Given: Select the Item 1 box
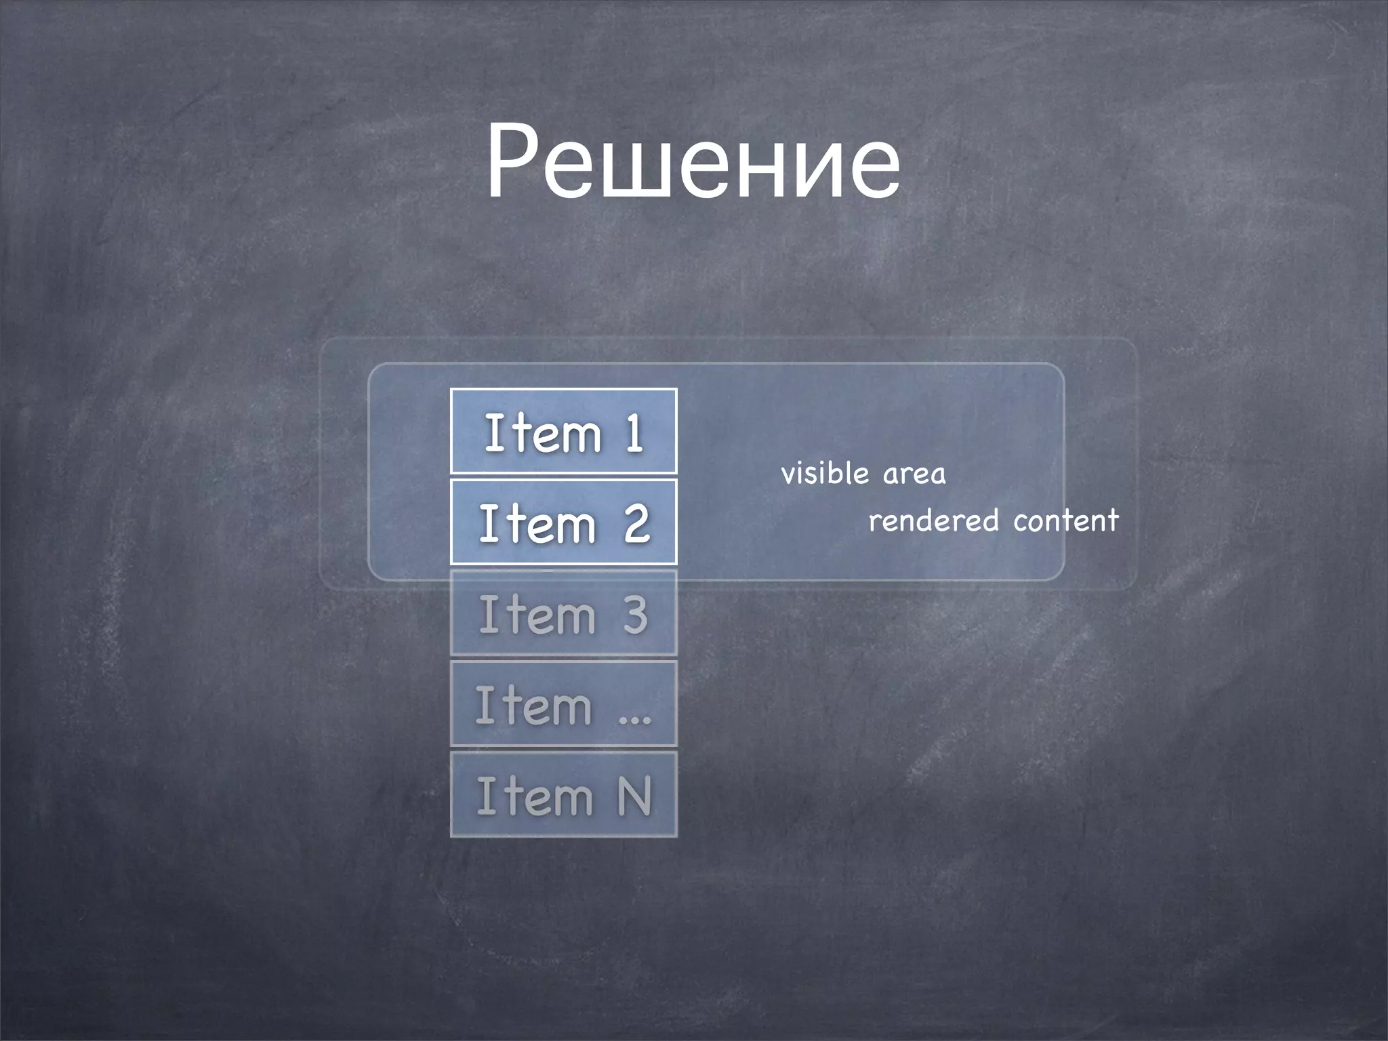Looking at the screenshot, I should (563, 431).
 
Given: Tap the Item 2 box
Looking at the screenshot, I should (563, 522).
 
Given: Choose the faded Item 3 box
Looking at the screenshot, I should (563, 613).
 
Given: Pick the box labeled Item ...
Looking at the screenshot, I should (563, 703).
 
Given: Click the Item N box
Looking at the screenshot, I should (563, 794).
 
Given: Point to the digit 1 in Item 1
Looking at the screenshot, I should (634, 432).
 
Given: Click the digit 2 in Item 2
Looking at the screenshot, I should (637, 523).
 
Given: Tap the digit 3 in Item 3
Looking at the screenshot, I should (636, 614).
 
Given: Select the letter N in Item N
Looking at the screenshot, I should (634, 796).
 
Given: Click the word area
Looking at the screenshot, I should (914, 474).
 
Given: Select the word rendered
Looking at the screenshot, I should (933, 520).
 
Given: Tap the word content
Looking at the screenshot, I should (1065, 520).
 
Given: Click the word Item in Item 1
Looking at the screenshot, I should (542, 432).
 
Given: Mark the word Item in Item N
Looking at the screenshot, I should (535, 796).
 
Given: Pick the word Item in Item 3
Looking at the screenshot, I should (537, 614).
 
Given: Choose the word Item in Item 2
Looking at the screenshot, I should (537, 523).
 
